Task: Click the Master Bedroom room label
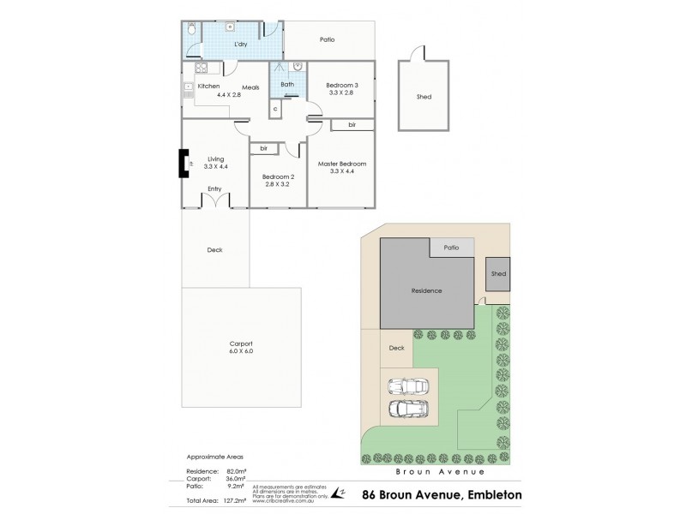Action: tap(341, 164)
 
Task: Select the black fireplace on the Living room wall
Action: tap(183, 164)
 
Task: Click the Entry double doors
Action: tap(214, 201)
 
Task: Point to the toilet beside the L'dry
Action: tap(192, 30)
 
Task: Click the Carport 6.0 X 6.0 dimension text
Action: tap(240, 351)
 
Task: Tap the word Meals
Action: tap(250, 87)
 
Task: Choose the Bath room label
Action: tap(286, 84)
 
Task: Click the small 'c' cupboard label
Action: tap(274, 109)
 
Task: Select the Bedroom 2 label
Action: tap(279, 176)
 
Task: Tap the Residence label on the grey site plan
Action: tap(426, 290)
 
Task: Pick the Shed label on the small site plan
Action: tap(498, 274)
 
